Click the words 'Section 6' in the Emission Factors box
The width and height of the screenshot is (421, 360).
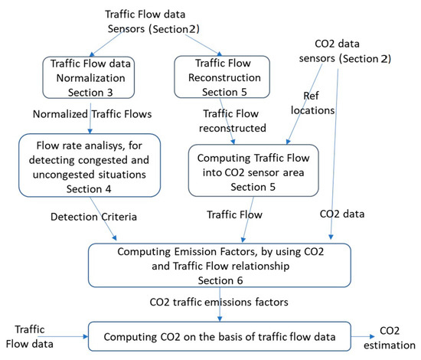220,281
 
